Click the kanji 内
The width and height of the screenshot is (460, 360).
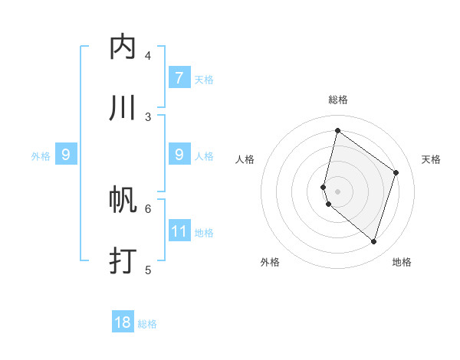coord(123,47)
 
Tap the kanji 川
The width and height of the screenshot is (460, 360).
coord(123,108)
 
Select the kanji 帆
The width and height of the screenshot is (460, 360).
coord(123,201)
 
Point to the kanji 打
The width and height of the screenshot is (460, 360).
coord(123,260)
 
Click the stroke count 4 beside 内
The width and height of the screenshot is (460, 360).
coord(148,55)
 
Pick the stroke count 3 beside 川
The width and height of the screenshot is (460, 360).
coord(148,116)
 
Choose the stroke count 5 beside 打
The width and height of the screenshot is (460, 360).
coord(148,269)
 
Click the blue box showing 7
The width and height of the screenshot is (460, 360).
coord(179,78)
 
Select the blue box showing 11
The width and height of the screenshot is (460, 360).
coord(179,231)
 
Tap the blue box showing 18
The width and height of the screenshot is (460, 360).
coord(123,322)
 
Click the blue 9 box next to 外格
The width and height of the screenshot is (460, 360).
coord(66,155)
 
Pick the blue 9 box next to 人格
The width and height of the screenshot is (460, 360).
coord(179,155)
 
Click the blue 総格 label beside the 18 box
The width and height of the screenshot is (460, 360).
coord(147,324)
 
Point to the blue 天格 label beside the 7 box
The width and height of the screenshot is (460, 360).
coord(204,80)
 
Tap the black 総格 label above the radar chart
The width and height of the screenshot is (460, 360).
coord(338,100)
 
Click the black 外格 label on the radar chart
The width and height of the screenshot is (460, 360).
coord(270,262)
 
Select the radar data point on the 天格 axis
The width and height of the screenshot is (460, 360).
coord(396,172)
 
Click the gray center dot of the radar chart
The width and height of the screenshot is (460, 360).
coord(338,191)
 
